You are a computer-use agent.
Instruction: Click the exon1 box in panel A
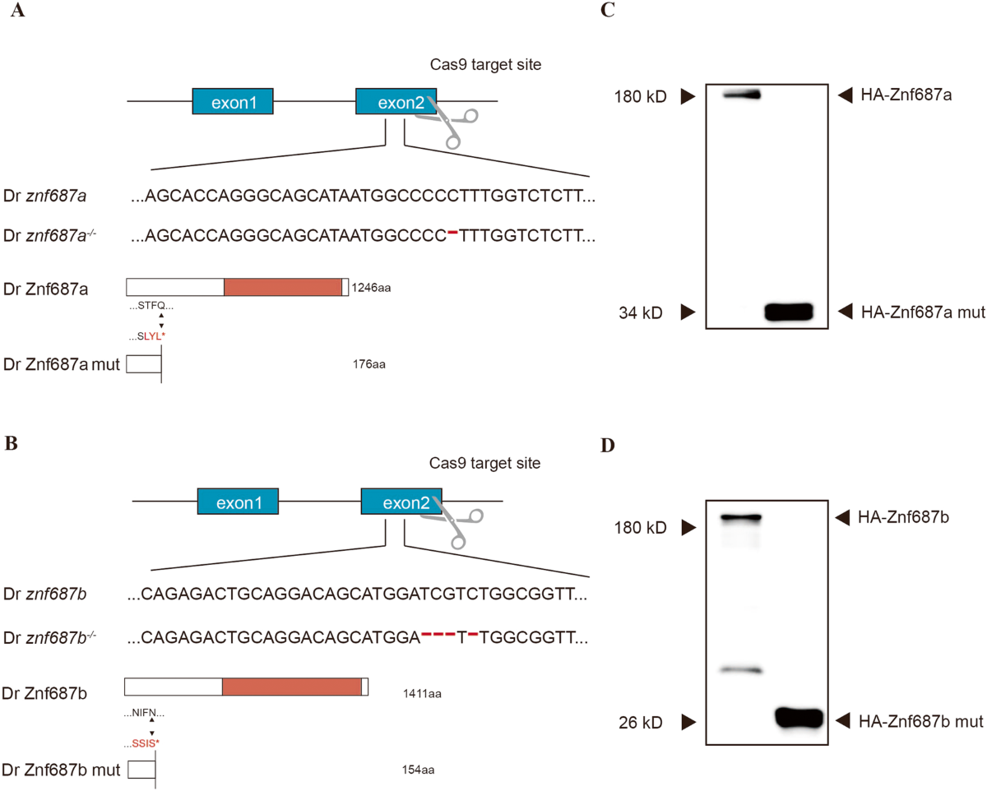tap(233, 102)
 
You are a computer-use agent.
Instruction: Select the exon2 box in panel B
tap(401, 501)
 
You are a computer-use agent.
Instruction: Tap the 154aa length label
tap(415, 770)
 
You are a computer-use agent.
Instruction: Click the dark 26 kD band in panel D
tap(799, 718)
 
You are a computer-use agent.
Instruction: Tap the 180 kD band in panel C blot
tap(741, 95)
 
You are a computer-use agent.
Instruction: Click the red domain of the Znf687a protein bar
tap(282, 287)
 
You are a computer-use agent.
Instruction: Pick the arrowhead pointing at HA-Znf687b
tap(843, 518)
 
